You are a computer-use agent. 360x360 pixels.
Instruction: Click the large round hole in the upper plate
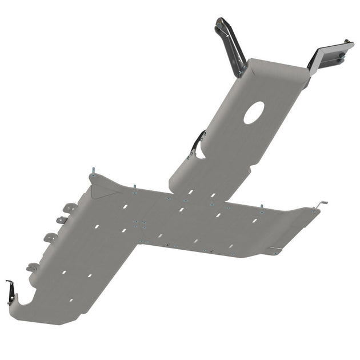coord(254,113)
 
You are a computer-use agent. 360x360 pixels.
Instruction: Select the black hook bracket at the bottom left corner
coord(11,291)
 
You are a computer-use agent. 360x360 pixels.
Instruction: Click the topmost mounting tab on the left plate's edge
coord(70,207)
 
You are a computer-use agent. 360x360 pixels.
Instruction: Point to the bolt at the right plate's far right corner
coord(313,212)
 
